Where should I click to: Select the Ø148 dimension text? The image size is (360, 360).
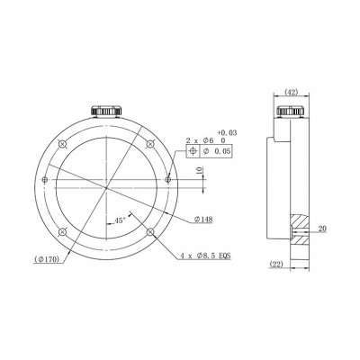coord(203,220)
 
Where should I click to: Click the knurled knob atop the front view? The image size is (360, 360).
coord(106,110)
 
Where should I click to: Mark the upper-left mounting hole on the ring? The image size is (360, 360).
coord(61,145)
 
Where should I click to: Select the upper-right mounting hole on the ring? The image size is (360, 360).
coord(150,145)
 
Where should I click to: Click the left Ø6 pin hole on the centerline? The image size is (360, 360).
coord(43,180)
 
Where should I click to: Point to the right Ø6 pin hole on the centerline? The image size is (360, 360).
coord(168,180)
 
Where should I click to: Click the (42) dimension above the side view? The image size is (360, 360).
coord(290,92)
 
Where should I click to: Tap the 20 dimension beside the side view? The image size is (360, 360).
coord(322,229)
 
